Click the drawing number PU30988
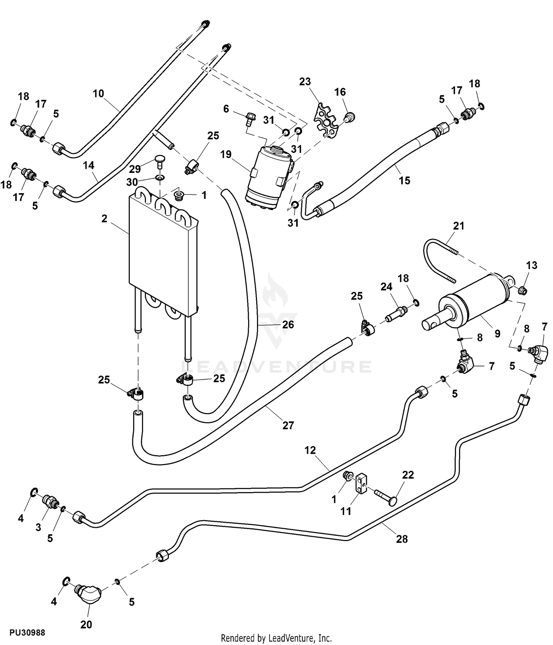[28, 632]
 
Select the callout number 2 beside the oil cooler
[104, 219]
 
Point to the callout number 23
[305, 81]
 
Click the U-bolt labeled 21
[439, 258]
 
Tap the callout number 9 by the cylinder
[497, 334]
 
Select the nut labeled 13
[522, 290]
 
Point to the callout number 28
[402, 539]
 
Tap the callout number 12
[310, 450]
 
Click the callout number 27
[288, 425]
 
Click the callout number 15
[404, 180]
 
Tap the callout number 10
[98, 94]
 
